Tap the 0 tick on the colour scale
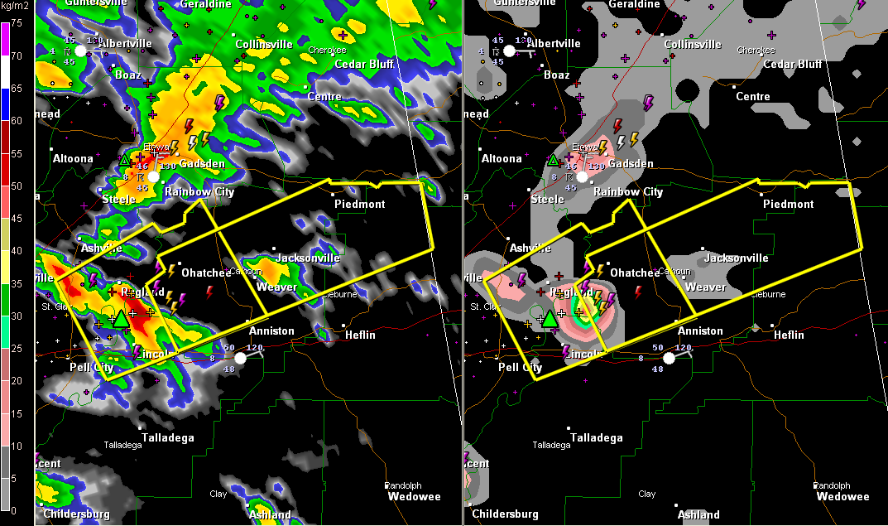pyautogui.click(x=16, y=509)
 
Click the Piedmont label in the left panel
pyautogui.click(x=359, y=204)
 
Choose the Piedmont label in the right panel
pyautogui.click(x=788, y=204)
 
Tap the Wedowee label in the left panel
pyautogui.click(x=414, y=497)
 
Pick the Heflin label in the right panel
pyautogui.click(x=788, y=335)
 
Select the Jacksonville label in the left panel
pyautogui.click(x=308, y=258)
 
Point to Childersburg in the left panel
pyautogui.click(x=76, y=514)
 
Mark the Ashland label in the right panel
pyautogui.click(x=698, y=514)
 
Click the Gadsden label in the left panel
pyautogui.click(x=202, y=164)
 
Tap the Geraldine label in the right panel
pyautogui.click(x=634, y=4)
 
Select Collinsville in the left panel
pyautogui.click(x=263, y=44)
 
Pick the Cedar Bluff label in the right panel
pyautogui.click(x=792, y=64)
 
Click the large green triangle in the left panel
pyautogui.click(x=122, y=318)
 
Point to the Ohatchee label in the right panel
pyautogui.click(x=635, y=273)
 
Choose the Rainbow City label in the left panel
pyautogui.click(x=199, y=191)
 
